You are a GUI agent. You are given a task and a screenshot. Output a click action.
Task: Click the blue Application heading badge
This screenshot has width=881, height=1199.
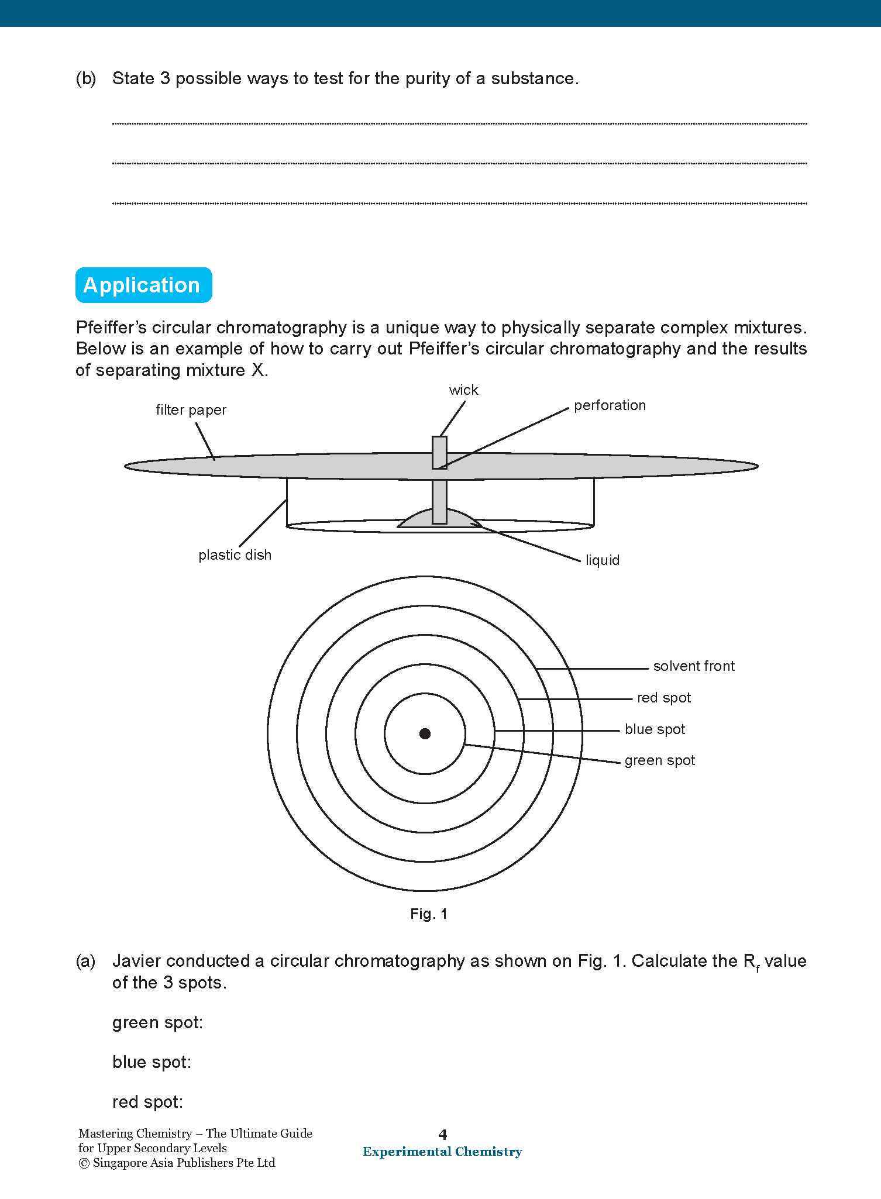click(x=143, y=285)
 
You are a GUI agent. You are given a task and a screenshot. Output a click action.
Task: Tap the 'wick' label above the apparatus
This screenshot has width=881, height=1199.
click(x=463, y=390)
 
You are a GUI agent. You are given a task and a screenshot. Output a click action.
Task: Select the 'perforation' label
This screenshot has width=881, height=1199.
click(x=610, y=405)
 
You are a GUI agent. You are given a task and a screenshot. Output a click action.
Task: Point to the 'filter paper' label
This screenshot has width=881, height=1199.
click(x=191, y=410)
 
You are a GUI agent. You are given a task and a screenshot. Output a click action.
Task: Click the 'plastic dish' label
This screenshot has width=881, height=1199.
click(x=235, y=555)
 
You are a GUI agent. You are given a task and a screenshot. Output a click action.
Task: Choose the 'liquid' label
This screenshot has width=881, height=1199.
click(x=602, y=560)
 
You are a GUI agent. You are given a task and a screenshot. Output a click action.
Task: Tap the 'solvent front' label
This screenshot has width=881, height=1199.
click(x=694, y=666)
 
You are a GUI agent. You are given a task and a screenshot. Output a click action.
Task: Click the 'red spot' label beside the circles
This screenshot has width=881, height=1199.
click(x=663, y=698)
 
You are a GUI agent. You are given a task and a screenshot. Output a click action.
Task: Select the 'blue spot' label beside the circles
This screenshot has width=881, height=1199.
click(x=655, y=729)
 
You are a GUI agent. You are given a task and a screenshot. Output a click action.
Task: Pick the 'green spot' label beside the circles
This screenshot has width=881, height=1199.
click(x=659, y=760)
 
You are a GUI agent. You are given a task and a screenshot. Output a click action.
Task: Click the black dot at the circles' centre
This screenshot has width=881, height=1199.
click(x=425, y=733)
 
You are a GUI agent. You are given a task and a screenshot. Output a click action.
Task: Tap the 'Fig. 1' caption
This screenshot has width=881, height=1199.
click(x=429, y=914)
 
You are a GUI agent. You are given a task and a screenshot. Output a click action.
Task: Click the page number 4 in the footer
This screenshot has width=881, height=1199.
click(x=443, y=1135)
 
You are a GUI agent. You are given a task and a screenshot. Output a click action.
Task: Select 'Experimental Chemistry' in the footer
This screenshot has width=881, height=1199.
click(x=442, y=1152)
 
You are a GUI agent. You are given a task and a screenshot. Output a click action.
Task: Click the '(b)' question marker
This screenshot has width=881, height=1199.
click(x=86, y=79)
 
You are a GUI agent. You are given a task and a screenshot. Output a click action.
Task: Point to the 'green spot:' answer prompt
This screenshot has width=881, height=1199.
click(x=157, y=1022)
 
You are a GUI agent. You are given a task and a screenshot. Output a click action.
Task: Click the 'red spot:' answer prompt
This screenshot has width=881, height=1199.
click(x=147, y=1102)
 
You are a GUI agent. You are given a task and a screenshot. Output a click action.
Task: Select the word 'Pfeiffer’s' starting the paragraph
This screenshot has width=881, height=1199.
click(x=111, y=328)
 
